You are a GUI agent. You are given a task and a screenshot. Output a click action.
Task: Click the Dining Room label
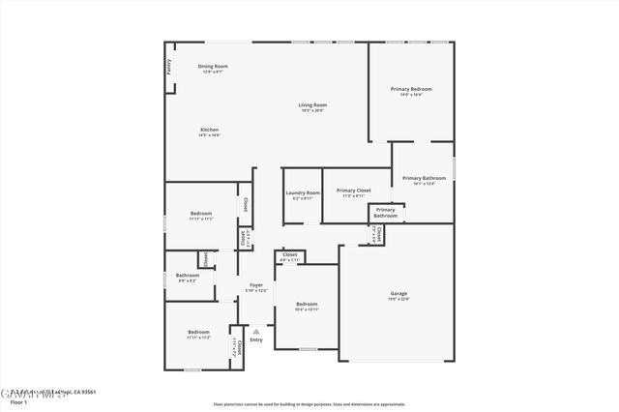point(213,66)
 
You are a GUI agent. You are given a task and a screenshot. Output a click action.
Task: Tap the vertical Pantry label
point(168,67)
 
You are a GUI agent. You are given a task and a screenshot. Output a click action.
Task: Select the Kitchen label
point(210,130)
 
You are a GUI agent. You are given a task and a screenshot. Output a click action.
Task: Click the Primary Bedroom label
point(411,89)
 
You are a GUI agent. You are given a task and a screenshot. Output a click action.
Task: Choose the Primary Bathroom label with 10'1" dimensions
point(424,178)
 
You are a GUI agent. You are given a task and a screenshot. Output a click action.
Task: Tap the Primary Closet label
point(353,191)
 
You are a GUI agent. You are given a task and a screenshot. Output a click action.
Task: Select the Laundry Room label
point(303,192)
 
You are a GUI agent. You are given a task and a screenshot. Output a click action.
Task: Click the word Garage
point(398,293)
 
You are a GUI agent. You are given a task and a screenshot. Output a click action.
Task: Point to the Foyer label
point(256,285)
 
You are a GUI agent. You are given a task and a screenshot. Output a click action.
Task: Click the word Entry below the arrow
point(256,339)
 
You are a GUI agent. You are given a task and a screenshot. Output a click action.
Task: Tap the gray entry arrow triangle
point(256,330)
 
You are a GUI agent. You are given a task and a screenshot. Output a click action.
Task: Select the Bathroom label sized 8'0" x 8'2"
point(187,275)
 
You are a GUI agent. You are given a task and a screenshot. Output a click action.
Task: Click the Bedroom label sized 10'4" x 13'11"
point(307,304)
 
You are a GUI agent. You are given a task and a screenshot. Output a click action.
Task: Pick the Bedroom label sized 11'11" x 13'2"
point(198,333)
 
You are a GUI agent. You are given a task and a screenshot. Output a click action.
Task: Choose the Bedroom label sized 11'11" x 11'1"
point(201,213)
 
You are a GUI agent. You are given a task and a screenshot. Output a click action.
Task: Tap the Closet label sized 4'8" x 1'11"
point(290,255)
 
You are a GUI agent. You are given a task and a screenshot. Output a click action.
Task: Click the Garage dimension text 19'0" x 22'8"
point(398,299)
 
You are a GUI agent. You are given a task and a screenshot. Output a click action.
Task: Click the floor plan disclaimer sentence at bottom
point(309,404)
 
